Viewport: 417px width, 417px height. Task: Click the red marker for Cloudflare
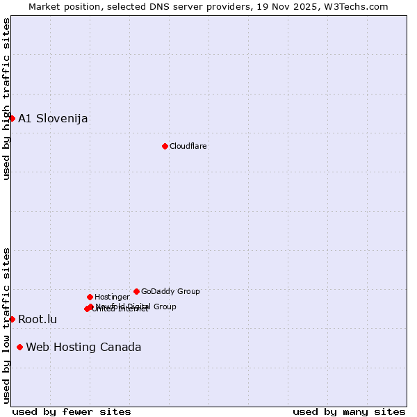(165, 146)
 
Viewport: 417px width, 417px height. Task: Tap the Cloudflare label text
(188, 146)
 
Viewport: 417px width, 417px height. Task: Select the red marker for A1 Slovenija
(12, 118)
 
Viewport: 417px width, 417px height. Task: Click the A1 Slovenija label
(53, 118)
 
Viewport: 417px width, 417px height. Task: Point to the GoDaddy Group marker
(136, 291)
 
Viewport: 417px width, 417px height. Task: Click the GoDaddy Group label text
(170, 291)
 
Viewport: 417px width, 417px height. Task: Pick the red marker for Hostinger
(90, 297)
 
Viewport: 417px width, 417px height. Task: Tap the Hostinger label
(112, 297)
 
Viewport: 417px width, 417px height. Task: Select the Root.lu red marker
(12, 319)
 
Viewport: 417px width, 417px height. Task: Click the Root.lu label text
(38, 320)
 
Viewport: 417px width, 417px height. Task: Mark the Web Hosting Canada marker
(19, 347)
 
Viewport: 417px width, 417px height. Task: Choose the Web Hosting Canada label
(83, 347)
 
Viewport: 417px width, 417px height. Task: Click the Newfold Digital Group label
(137, 306)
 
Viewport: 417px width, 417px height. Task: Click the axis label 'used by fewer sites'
(72, 411)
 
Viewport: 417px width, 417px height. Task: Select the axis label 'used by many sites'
(349, 411)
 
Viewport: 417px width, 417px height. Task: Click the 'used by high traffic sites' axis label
(6, 99)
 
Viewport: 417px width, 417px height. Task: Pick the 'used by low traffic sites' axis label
(6, 325)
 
